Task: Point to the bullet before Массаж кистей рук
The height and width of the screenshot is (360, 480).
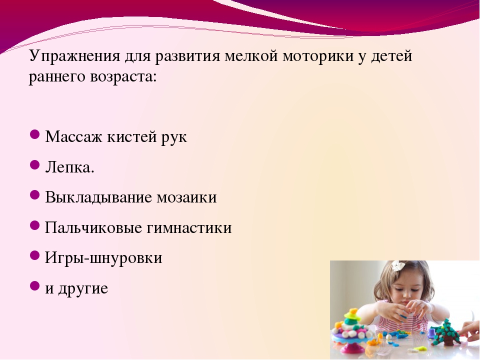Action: pyautogui.click(x=35, y=134)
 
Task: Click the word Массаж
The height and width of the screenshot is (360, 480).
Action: pyautogui.click(x=73, y=136)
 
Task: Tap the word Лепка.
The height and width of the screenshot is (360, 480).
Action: pyautogui.click(x=70, y=167)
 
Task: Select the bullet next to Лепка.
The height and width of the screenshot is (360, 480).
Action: pyautogui.click(x=35, y=165)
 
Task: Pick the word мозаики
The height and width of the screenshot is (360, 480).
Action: pyautogui.click(x=186, y=197)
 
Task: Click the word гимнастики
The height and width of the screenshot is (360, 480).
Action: pyautogui.click(x=189, y=228)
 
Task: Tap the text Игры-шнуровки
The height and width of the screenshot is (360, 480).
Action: pyautogui.click(x=103, y=258)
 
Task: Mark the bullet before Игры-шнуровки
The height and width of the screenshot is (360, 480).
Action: pyautogui.click(x=35, y=255)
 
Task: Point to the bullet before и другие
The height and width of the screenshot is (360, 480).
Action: pyautogui.click(x=35, y=286)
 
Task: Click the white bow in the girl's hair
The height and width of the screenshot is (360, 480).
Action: pyautogui.click(x=398, y=265)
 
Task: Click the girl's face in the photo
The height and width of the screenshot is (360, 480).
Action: pyautogui.click(x=407, y=288)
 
